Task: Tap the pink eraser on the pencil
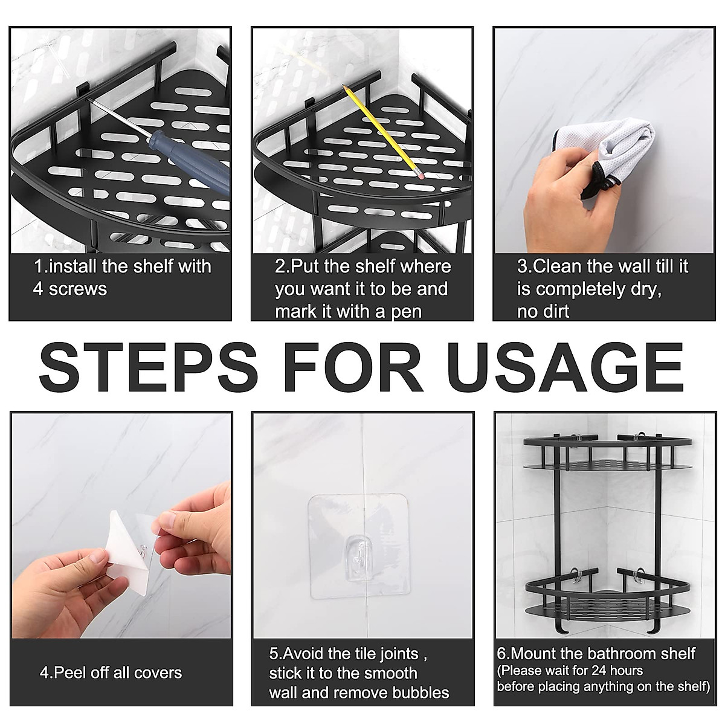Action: click(x=420, y=175)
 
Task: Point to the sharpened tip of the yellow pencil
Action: click(x=343, y=86)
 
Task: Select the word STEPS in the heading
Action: click(x=149, y=367)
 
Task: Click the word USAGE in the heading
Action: click(x=565, y=367)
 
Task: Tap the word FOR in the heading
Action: click(x=353, y=367)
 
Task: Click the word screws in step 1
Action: click(x=78, y=289)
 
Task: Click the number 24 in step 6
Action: click(x=600, y=671)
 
